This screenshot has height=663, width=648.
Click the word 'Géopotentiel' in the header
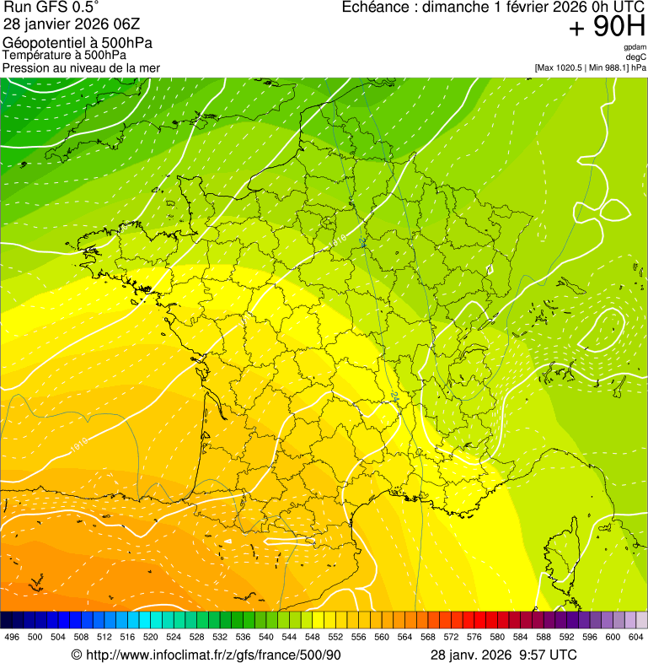click(41, 43)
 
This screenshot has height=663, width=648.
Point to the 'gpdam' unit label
click(635, 47)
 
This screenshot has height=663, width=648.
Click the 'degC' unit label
click(637, 57)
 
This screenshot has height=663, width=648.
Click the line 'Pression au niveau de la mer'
click(81, 67)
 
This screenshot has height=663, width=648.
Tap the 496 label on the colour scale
click(12, 637)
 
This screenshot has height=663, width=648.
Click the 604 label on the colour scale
click(636, 637)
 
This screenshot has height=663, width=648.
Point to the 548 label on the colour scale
click(312, 637)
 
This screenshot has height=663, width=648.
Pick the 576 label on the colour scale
click(451, 637)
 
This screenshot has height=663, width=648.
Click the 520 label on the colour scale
click(151, 637)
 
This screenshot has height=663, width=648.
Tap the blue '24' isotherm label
click(395, 396)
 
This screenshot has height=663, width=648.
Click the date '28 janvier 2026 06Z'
click(72, 24)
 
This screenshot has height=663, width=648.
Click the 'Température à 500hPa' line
click(64, 56)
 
